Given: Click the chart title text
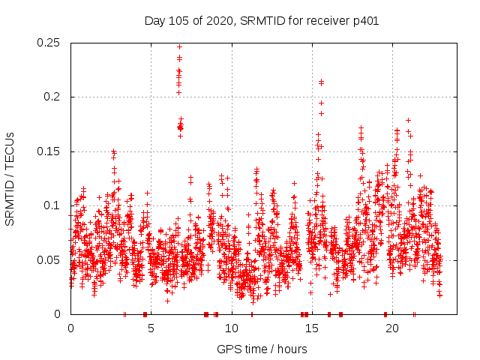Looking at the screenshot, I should click(x=261, y=21).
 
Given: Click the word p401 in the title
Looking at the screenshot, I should click(x=365, y=21).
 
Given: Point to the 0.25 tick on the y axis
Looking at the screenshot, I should click(x=50, y=43).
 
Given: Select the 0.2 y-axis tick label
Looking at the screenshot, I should click(x=53, y=97).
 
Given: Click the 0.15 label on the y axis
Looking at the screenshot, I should click(x=50, y=151).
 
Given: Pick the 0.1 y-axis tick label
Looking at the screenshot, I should click(x=53, y=205).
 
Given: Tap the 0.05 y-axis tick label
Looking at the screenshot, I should click(x=50, y=260).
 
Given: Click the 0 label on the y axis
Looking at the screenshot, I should click(x=60, y=314).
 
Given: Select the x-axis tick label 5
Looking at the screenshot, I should click(x=151, y=328).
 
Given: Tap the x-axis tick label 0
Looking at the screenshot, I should click(x=70, y=328).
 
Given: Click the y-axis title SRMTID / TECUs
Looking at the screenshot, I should click(x=10, y=178).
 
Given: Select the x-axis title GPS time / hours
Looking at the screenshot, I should click(x=262, y=349).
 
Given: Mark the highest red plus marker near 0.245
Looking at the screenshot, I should click(x=179, y=46).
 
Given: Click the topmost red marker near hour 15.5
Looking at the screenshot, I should click(x=321, y=82).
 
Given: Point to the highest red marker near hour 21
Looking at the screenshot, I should click(x=408, y=120).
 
